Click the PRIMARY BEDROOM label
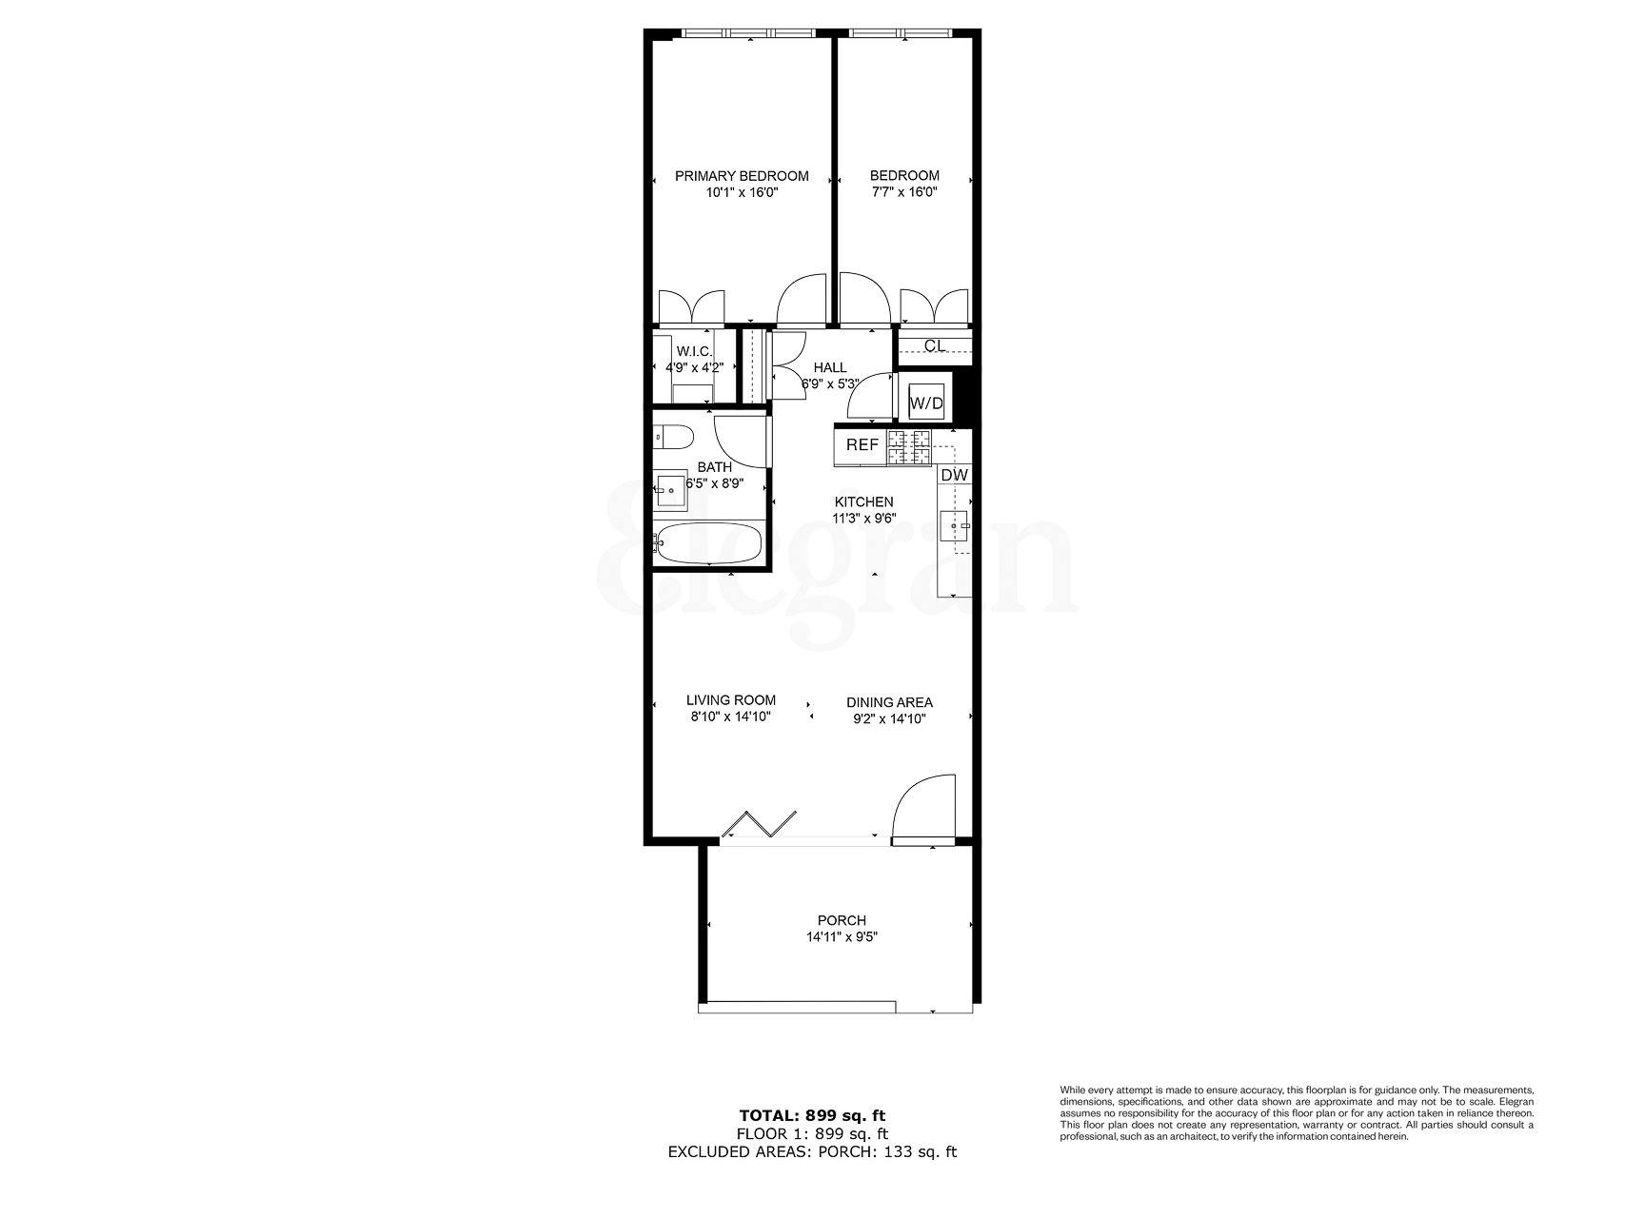[x=742, y=175]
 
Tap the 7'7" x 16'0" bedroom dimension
[x=903, y=191]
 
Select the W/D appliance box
[x=926, y=403]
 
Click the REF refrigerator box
[x=862, y=445]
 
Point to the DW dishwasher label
[x=954, y=475]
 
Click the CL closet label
[x=935, y=345]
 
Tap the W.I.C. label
[x=694, y=351]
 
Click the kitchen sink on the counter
[x=956, y=525]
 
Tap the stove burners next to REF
[x=908, y=448]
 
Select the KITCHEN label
[x=863, y=501]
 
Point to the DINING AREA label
[x=889, y=702]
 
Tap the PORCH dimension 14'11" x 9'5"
[x=842, y=936]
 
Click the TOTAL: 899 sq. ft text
[x=812, y=1115]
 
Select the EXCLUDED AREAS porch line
[x=812, y=1151]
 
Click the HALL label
[x=829, y=367]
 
